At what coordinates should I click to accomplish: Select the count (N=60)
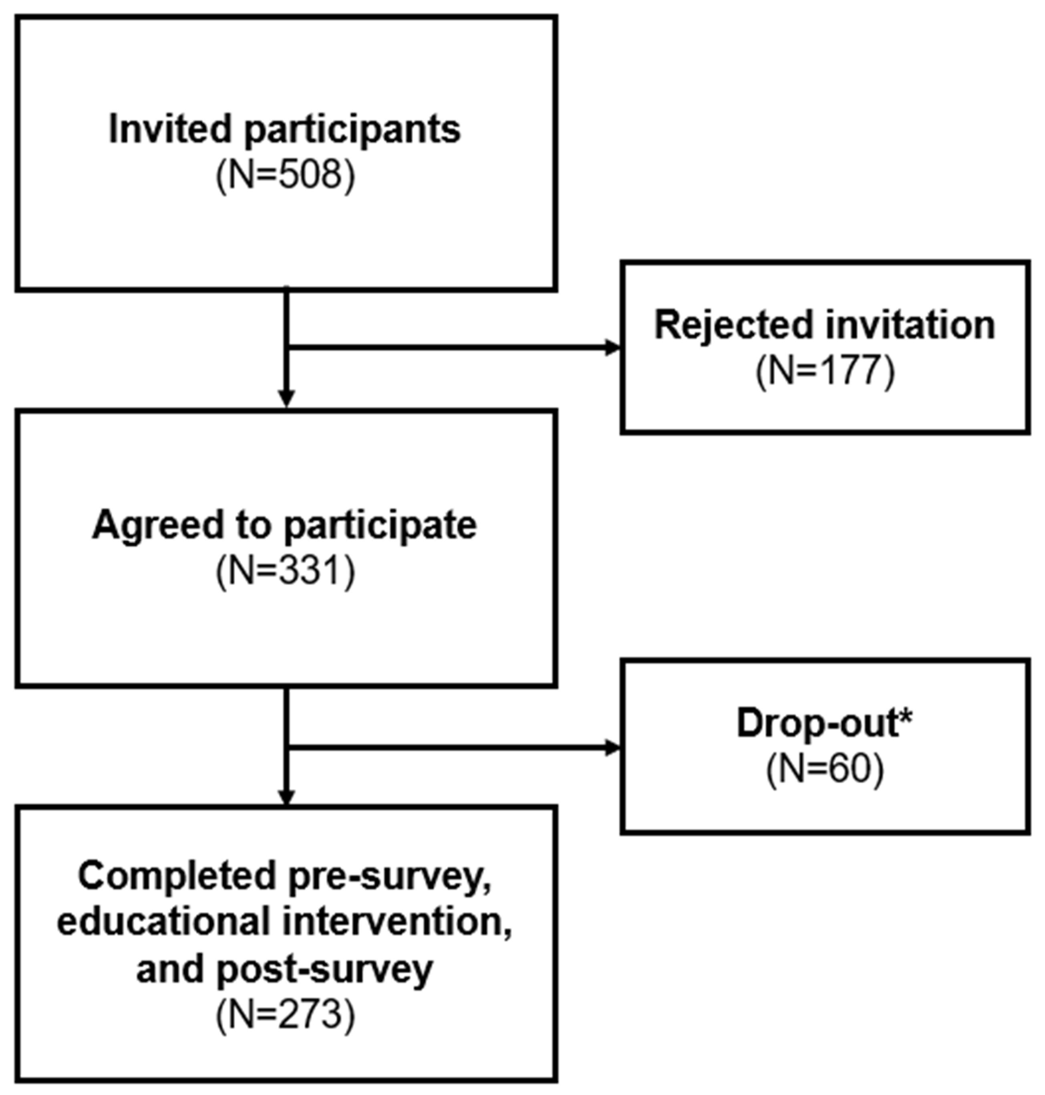pyautogui.click(x=825, y=770)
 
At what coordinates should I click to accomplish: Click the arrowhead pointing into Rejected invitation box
pyautogui.click(x=613, y=348)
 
